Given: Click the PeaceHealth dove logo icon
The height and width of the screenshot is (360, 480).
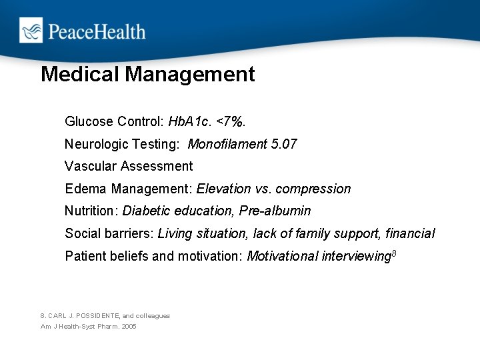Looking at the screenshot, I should point(31,31).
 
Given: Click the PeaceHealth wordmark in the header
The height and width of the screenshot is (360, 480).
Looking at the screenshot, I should point(95,31).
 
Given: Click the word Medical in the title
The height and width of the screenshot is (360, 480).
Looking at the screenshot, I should point(80,74).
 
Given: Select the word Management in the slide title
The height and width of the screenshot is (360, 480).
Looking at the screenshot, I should point(190,74).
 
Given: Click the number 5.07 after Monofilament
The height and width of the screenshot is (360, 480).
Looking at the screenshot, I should point(281,144).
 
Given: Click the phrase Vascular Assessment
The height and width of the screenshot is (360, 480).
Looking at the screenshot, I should point(129,166).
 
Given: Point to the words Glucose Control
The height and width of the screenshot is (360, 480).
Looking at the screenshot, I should point(113,121).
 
